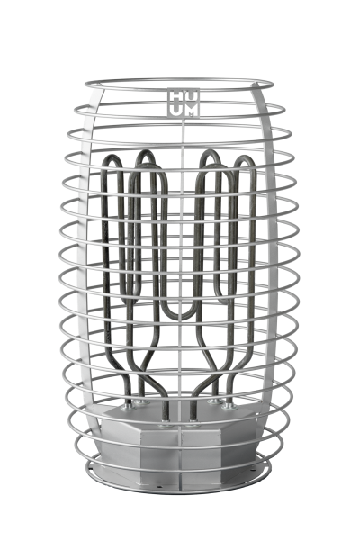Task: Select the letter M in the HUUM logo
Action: [188, 110]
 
